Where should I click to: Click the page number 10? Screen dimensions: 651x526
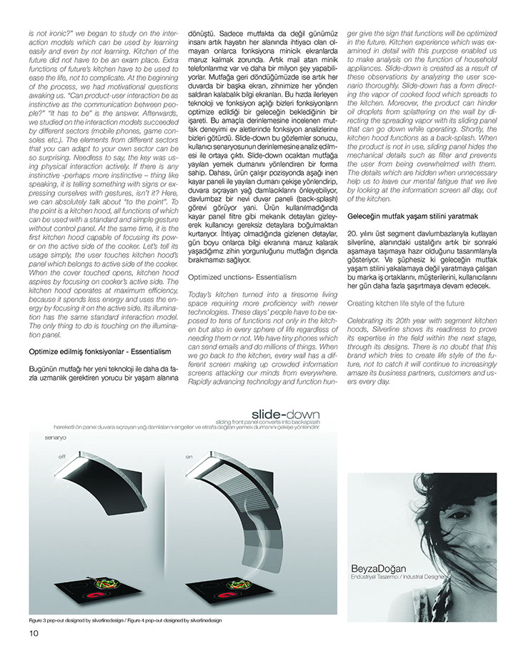pos(34,632)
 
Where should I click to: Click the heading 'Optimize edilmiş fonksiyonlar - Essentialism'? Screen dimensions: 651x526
pos(100,352)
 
